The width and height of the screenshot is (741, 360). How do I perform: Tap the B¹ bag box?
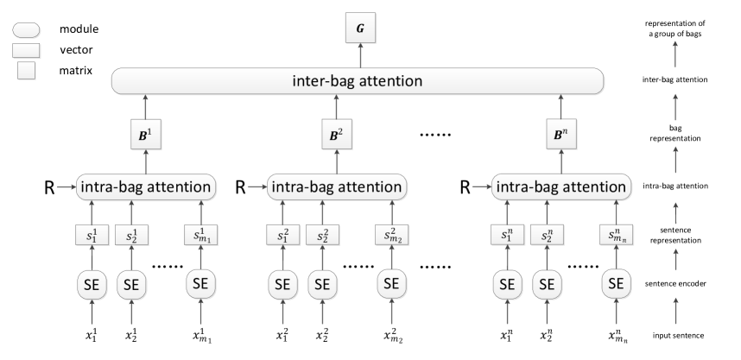tap(145, 136)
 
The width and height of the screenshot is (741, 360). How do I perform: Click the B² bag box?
tap(334, 136)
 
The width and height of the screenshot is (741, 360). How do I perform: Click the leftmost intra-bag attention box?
tap(145, 186)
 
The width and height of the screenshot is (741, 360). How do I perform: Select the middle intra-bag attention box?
tap(335, 186)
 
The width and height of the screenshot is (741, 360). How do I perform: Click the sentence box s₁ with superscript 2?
tap(282, 234)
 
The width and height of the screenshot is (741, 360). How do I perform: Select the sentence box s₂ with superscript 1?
tap(131, 234)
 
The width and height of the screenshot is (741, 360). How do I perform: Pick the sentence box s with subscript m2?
tap(390, 234)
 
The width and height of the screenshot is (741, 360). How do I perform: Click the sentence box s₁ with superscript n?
tap(506, 234)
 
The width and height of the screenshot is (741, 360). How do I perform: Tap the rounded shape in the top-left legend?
tap(26, 31)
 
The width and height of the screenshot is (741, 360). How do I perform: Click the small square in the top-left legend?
tap(27, 71)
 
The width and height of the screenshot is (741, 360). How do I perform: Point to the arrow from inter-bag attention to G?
tap(359, 57)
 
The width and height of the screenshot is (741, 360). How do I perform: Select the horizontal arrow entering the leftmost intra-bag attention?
tap(66, 186)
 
